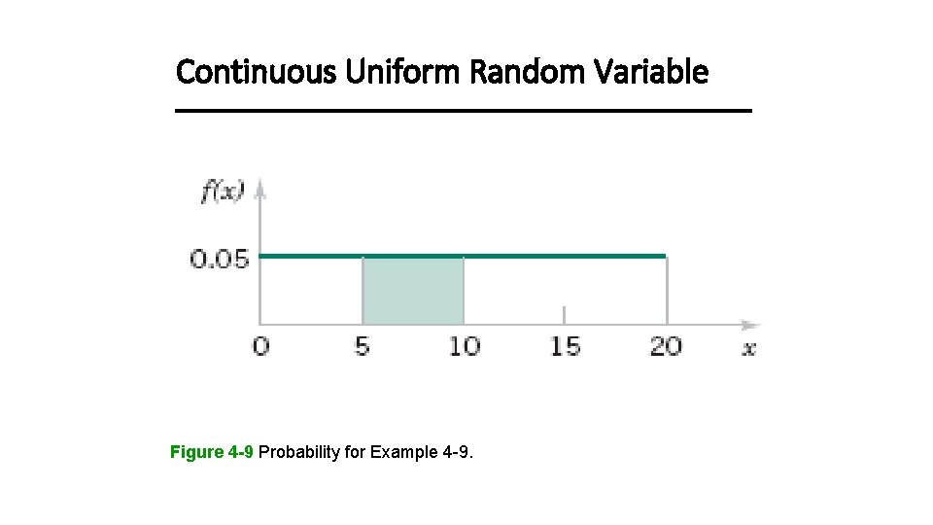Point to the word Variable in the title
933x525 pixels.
pyautogui.click(x=649, y=72)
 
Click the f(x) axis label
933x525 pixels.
pyautogui.click(x=223, y=192)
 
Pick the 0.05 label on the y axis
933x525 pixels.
pyautogui.click(x=220, y=259)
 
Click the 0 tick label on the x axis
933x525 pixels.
pyautogui.click(x=259, y=346)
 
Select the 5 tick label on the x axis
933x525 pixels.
pyautogui.click(x=362, y=346)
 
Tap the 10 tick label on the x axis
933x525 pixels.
pyautogui.click(x=464, y=346)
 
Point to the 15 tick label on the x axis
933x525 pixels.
pyautogui.click(x=565, y=346)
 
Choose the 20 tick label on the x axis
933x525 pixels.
pyautogui.click(x=666, y=346)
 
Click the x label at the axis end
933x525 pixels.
pyautogui.click(x=748, y=348)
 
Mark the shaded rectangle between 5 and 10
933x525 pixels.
pyautogui.click(x=413, y=290)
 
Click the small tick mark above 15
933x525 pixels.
pyautogui.click(x=565, y=314)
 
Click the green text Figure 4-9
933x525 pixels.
pyautogui.click(x=212, y=452)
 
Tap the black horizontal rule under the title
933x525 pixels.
pyautogui.click(x=464, y=112)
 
